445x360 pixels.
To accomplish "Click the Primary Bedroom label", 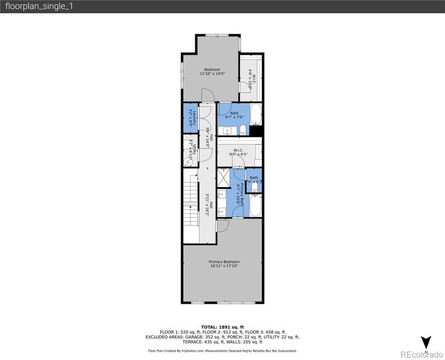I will tap(224, 262).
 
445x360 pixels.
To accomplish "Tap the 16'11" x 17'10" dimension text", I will tap(224, 266).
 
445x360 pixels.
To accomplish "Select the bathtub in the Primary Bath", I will tap(254, 208).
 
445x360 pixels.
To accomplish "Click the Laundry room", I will tap(190, 118).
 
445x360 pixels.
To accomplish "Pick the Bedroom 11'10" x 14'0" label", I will tap(212, 71).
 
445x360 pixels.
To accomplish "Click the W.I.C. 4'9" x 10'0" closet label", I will tap(251, 79).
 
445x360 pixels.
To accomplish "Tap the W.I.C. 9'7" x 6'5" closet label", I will tap(237, 152).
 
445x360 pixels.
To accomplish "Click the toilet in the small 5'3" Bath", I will tap(254, 187).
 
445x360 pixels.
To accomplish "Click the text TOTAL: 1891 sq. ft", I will tap(222, 326).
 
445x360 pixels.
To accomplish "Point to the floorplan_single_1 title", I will tap(30, 7).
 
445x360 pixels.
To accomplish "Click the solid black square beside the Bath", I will tap(256, 131).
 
